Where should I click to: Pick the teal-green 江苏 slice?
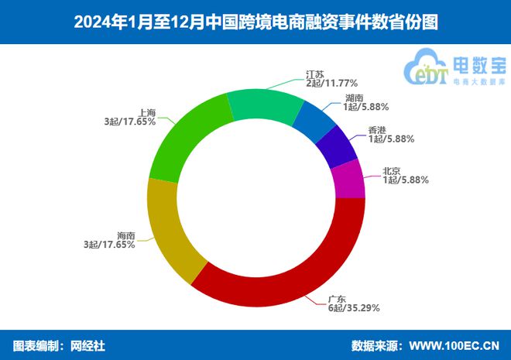pyautogui.click(x=263, y=105)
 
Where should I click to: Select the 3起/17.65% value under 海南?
pyautogui.click(x=109, y=245)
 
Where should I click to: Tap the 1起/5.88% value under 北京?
pyautogui.click(x=405, y=180)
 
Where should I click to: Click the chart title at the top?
pyautogui.click(x=256, y=22)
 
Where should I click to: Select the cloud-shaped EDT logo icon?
pyautogui.click(x=427, y=68)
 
